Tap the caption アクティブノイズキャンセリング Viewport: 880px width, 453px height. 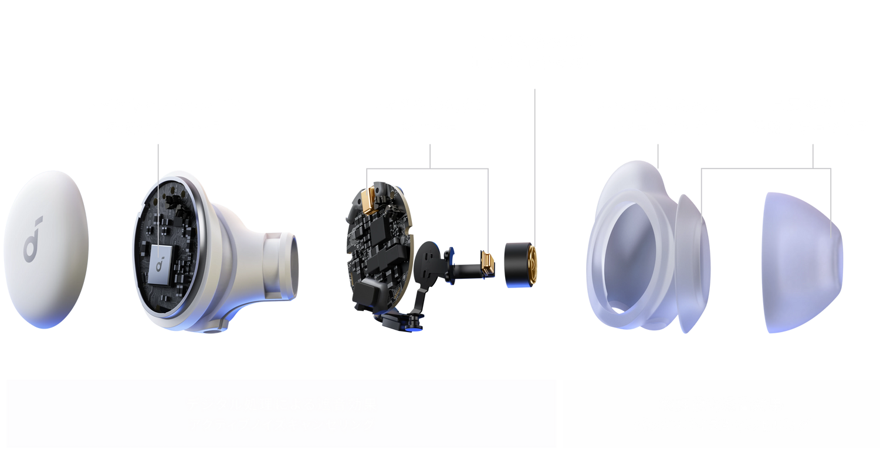coord(282,425)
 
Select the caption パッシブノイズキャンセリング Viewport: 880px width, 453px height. coord(721,425)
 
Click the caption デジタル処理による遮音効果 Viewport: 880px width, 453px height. coord(282,404)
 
